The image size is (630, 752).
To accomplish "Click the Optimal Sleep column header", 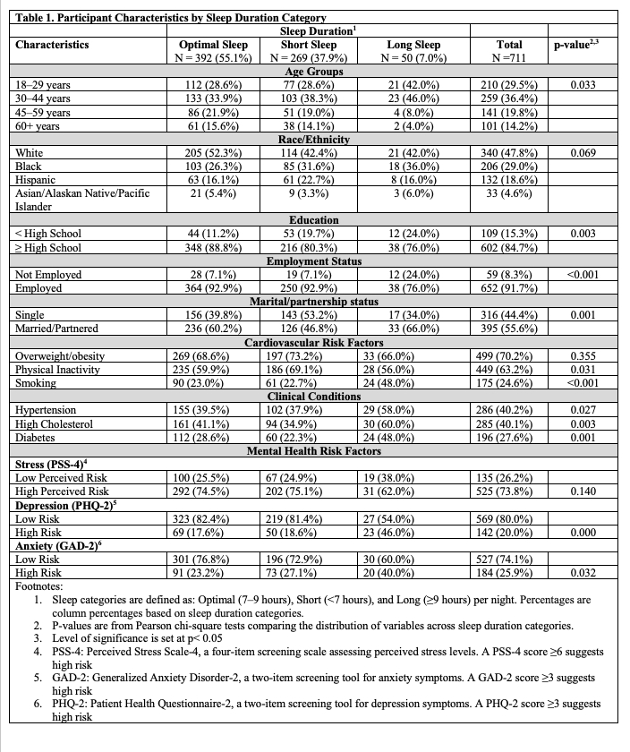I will tap(213, 44).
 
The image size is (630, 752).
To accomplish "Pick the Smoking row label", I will tap(37, 382).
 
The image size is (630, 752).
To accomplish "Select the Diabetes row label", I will tap(38, 438).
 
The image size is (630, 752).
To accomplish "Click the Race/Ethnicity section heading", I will tap(307, 139).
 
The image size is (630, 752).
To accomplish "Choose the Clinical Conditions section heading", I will tap(307, 395).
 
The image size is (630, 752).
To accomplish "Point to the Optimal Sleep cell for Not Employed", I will tap(213, 274).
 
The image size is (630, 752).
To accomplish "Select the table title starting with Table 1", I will tap(166, 16).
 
